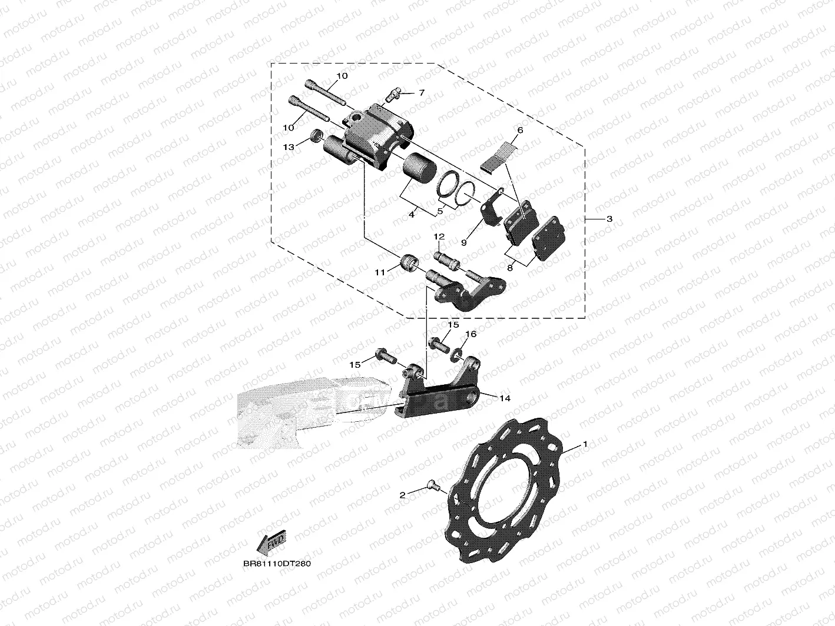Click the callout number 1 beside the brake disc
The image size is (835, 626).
(x=585, y=445)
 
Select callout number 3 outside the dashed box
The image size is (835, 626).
(x=609, y=219)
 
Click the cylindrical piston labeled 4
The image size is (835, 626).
(x=419, y=165)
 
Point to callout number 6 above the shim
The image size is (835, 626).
(x=520, y=129)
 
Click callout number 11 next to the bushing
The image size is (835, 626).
(x=380, y=272)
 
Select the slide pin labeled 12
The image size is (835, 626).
(x=447, y=259)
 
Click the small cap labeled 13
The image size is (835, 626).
(x=316, y=138)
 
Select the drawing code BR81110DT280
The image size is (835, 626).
(x=276, y=563)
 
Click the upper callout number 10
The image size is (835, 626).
(x=342, y=76)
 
